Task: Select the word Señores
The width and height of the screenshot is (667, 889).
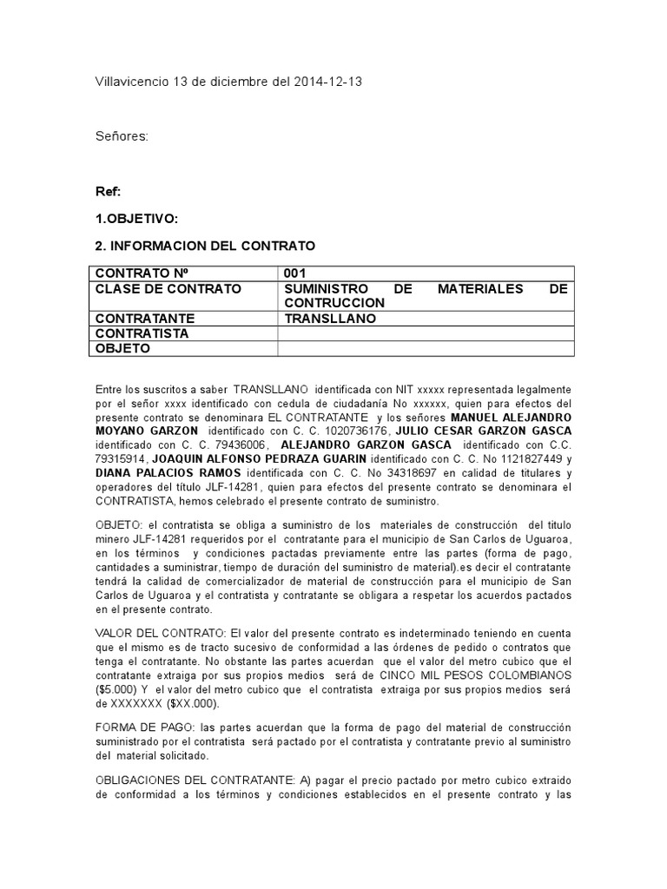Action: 122,136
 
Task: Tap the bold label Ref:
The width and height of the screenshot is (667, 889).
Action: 108,191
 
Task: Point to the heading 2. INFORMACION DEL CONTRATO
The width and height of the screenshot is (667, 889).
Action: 205,247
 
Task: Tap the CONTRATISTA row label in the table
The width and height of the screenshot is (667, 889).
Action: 142,333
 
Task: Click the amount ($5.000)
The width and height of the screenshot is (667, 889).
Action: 119,689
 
